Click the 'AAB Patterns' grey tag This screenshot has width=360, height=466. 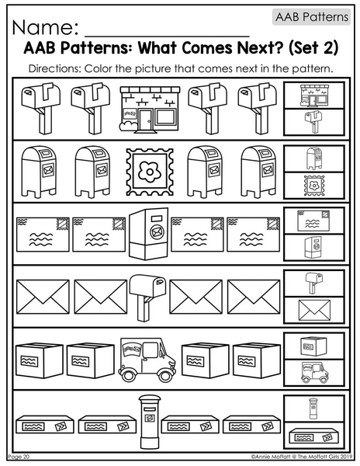coord(311,17)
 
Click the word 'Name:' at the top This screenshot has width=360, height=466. coord(46,27)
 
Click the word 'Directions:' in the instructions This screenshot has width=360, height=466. coord(55,69)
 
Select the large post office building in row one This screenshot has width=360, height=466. coord(150,109)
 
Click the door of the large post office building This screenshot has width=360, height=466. coord(145,120)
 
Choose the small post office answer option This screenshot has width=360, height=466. coord(314,95)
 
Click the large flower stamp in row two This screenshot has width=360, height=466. coord(150,172)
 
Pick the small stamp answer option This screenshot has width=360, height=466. coord(314,186)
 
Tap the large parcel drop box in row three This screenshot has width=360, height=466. coord(149,234)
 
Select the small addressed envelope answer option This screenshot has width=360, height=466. coord(313,221)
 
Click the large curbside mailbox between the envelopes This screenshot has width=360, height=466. coord(147,297)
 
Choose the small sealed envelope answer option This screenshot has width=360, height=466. coord(314,310)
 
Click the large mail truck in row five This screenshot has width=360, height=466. coord(147,360)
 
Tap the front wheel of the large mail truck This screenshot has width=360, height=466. coord(164,375)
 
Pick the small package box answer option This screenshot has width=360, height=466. coord(313,346)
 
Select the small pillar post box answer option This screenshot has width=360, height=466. coord(313,409)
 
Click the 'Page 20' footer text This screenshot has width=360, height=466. coord(19,456)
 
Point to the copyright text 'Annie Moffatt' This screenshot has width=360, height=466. coord(270,457)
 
